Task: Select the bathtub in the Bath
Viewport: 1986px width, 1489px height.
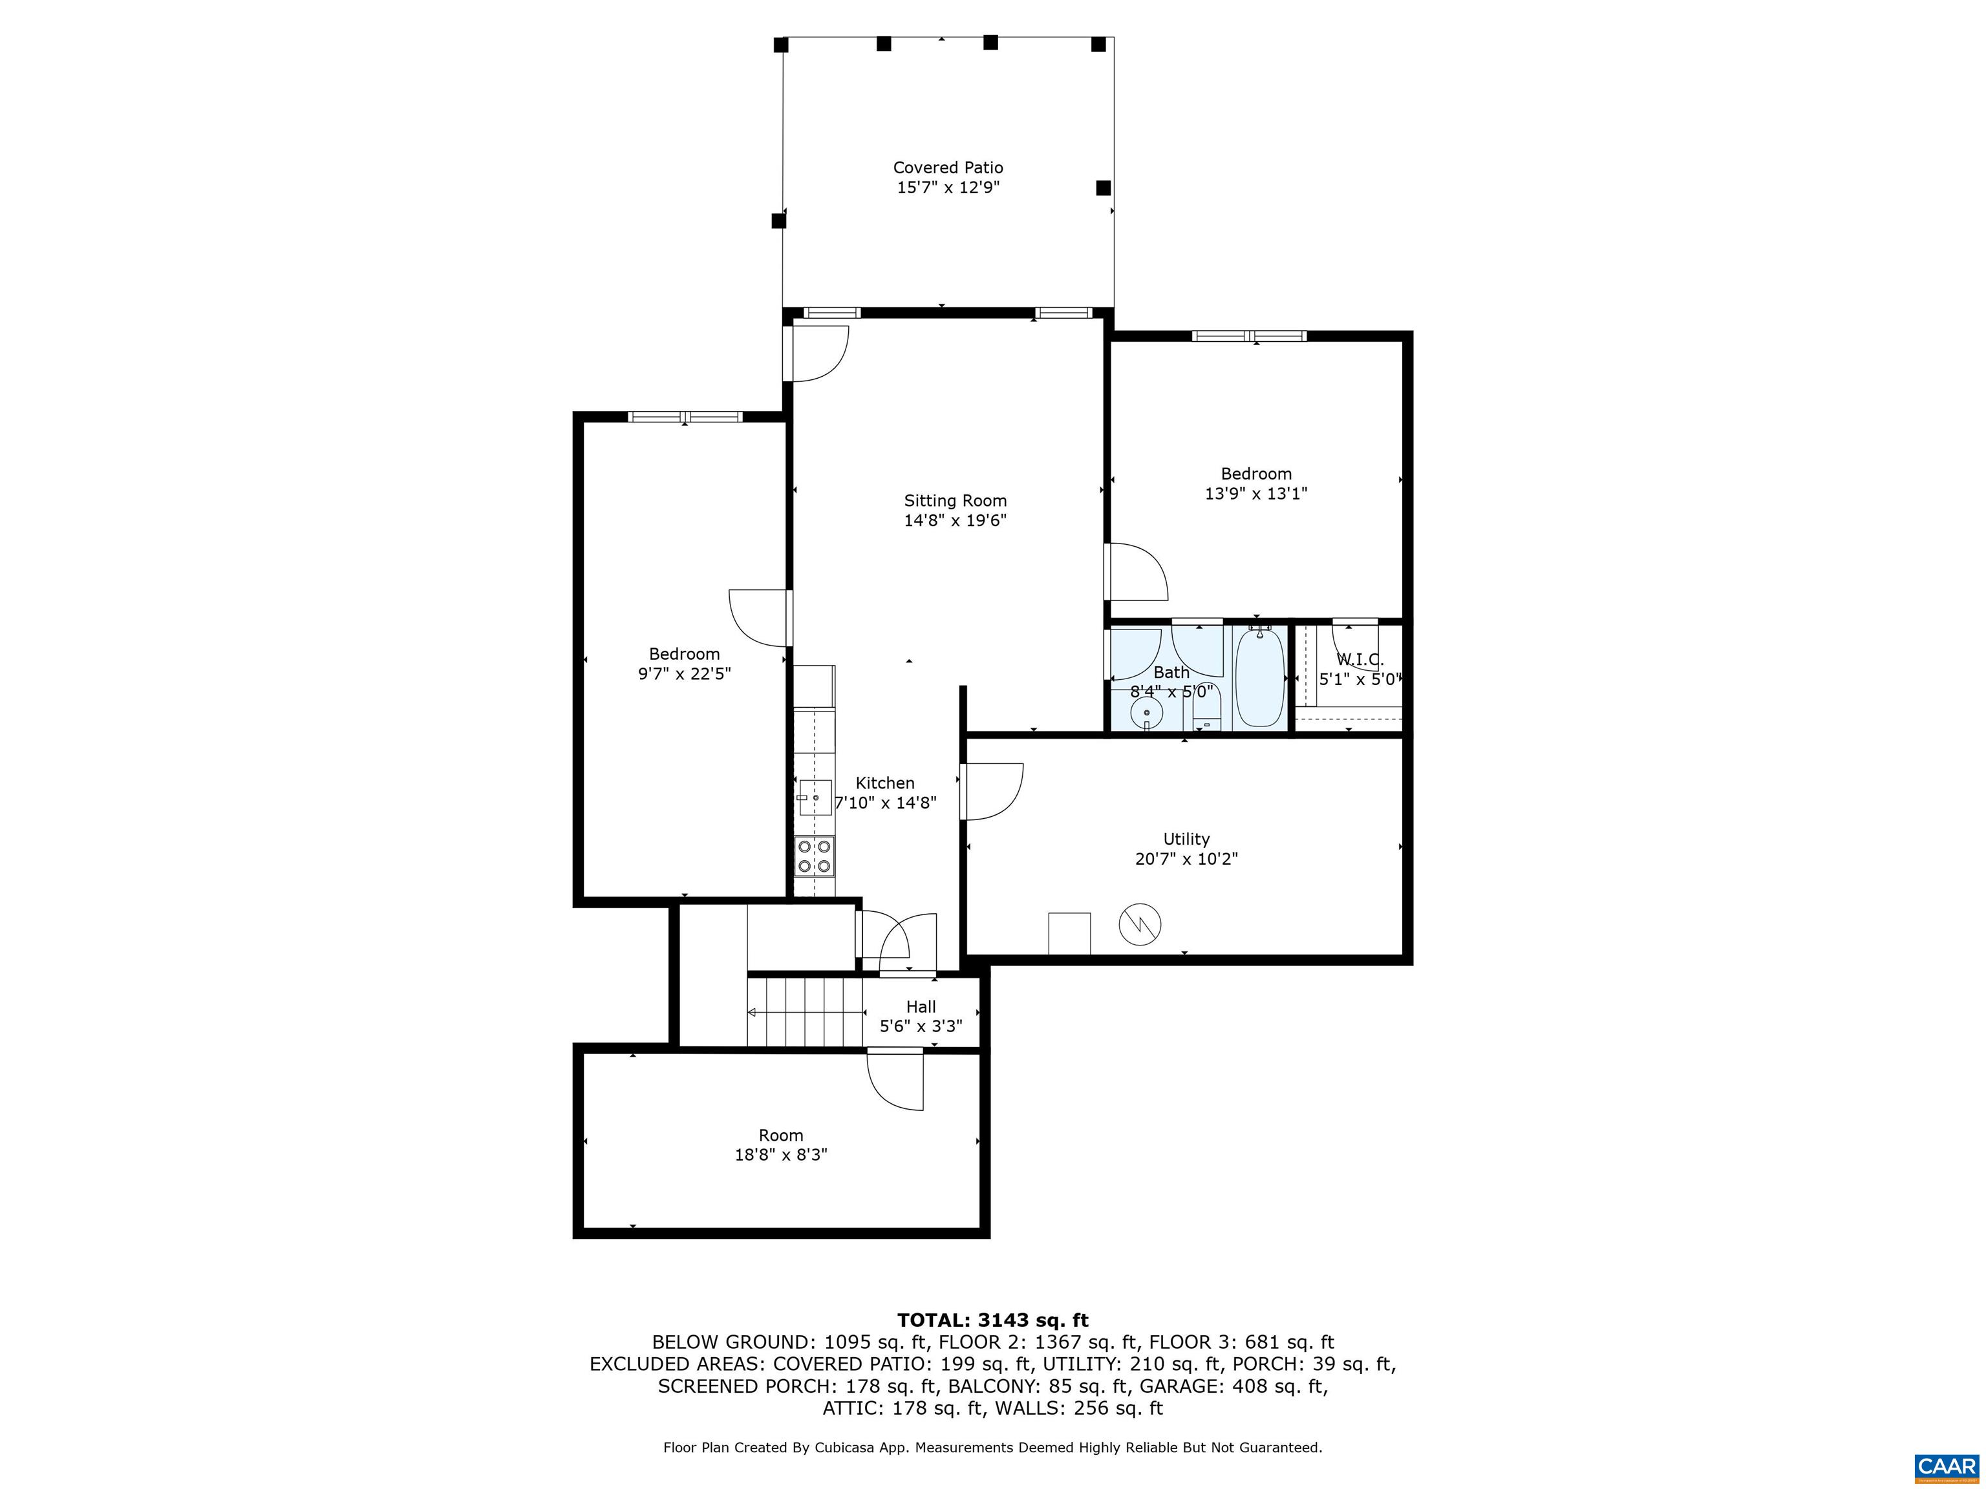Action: click(x=1259, y=679)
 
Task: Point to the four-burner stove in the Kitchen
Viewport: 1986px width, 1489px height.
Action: click(x=815, y=856)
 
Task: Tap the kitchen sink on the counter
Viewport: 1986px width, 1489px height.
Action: click(x=815, y=797)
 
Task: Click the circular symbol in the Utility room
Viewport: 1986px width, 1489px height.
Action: click(x=1139, y=923)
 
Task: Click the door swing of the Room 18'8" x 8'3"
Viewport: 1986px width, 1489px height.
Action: click(x=896, y=1081)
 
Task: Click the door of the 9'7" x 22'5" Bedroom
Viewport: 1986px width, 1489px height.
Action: click(x=760, y=617)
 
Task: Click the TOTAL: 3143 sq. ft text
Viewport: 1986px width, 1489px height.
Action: click(x=992, y=1320)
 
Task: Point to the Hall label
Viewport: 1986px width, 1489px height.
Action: click(x=921, y=1007)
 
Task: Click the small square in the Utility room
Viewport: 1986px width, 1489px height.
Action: click(x=1069, y=933)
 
